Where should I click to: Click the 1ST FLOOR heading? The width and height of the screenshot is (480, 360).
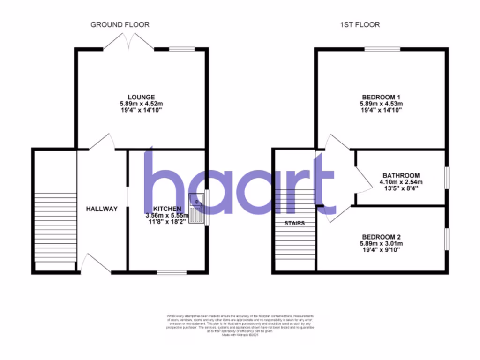click(360, 24)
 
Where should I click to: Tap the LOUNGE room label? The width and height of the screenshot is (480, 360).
click(140, 97)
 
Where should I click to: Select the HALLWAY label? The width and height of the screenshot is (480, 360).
click(101, 209)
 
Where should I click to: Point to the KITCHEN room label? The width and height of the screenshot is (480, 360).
click(167, 209)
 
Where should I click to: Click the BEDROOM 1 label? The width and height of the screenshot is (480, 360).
click(381, 97)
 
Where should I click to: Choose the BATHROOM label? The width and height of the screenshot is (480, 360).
click(400, 176)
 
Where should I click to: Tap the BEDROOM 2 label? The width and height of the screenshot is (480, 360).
click(381, 237)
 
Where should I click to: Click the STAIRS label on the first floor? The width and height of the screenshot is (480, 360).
click(294, 223)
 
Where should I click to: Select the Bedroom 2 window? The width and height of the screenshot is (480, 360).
click(446, 240)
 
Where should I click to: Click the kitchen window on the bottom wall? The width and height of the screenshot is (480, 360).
click(171, 271)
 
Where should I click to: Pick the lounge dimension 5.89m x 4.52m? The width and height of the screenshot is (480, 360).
click(140, 104)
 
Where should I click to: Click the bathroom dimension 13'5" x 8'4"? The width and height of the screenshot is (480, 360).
click(400, 189)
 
